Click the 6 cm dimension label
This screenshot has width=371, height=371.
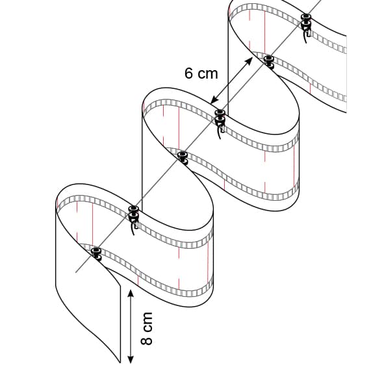click(x=201, y=73)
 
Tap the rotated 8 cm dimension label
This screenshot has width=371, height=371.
click(x=146, y=328)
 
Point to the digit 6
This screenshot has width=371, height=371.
click(x=189, y=73)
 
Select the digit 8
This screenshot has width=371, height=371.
click(x=146, y=340)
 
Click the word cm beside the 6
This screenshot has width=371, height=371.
click(x=208, y=74)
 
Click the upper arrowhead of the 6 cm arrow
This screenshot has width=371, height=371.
click(x=248, y=61)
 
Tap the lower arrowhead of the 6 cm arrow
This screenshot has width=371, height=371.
click(x=214, y=100)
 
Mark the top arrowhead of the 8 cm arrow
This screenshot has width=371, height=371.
click(x=131, y=294)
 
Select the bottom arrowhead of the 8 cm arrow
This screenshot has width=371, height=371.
click(x=131, y=359)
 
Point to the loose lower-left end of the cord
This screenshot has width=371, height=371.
click(x=76, y=272)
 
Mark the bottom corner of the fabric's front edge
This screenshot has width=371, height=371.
click(x=120, y=363)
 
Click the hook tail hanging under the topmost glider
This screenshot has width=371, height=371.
click(x=305, y=38)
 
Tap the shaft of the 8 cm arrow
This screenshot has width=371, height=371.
click(x=131, y=326)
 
